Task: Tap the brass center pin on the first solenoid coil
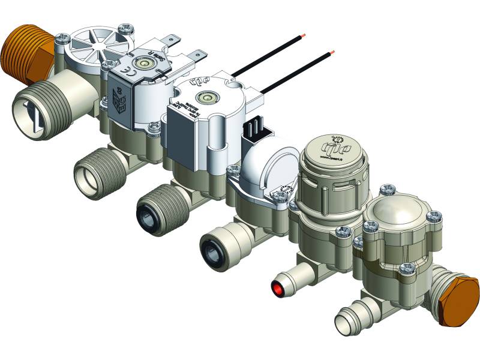[x=143, y=62]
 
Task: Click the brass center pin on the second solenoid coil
[x=208, y=95]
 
